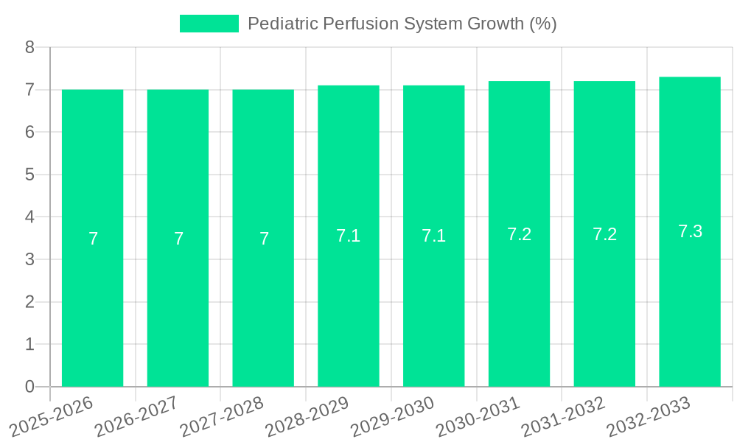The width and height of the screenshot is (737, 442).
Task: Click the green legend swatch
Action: tap(209, 24)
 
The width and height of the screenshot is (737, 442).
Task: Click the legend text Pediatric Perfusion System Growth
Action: tap(402, 24)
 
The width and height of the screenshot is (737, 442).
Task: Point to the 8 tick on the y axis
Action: tap(30, 47)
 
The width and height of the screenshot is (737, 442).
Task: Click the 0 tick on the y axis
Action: tap(30, 387)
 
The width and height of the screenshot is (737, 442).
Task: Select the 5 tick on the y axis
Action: tap(30, 175)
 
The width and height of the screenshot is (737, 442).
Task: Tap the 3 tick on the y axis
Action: tap(30, 259)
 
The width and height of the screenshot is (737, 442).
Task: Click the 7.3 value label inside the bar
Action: tap(690, 231)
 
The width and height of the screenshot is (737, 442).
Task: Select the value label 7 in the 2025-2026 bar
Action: tap(93, 239)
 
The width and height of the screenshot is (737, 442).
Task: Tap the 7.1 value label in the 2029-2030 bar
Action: tap(433, 236)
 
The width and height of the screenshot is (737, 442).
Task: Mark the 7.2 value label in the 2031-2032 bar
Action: tap(604, 234)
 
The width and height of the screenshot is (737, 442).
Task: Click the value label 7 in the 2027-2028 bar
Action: tap(264, 239)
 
